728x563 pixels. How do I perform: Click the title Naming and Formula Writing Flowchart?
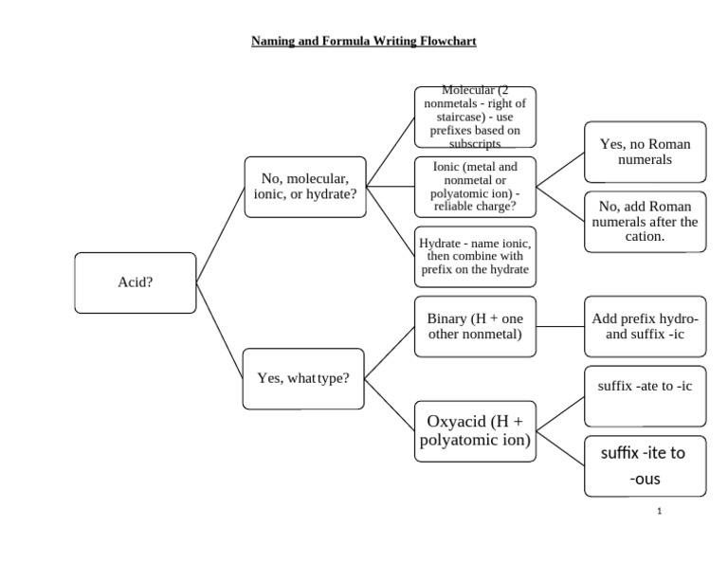(363, 42)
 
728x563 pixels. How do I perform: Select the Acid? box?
(135, 282)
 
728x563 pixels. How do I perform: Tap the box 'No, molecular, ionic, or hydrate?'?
(304, 187)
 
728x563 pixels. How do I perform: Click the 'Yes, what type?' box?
(303, 378)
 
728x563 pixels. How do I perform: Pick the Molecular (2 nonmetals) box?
(474, 118)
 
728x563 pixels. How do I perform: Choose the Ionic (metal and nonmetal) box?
(474, 187)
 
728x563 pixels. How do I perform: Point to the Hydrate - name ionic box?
(474, 256)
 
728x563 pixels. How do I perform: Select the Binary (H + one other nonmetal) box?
(474, 326)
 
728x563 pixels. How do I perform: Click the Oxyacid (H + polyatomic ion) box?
(474, 431)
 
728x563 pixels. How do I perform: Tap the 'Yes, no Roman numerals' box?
(645, 152)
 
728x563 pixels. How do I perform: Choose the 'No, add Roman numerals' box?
(645, 222)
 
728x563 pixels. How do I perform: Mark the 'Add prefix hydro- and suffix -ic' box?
(645, 326)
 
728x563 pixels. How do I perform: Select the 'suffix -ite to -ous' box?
(645, 465)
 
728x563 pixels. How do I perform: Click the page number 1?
(659, 512)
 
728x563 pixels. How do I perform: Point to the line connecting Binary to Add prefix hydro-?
(559, 326)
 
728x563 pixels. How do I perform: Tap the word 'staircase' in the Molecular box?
(474, 117)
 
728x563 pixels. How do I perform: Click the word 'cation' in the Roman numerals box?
(644, 236)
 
